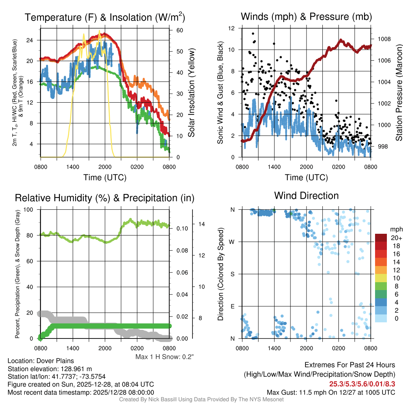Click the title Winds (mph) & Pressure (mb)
(x=306, y=17)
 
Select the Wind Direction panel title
(x=306, y=196)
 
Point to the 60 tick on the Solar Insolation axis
(x=178, y=30)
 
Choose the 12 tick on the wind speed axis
(x=232, y=28)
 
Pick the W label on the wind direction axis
(x=232, y=242)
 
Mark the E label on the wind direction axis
(x=233, y=306)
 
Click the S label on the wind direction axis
(x=233, y=274)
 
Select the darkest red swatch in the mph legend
(x=381, y=238)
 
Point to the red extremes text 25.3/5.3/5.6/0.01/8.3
(x=362, y=383)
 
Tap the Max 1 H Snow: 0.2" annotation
(x=165, y=357)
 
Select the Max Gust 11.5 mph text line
(x=331, y=392)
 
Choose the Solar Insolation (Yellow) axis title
(x=192, y=93)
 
